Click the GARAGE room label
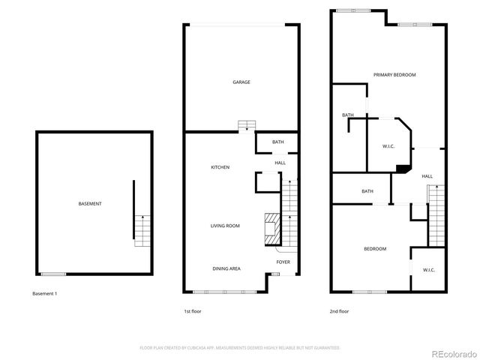[241, 82]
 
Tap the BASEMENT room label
[90, 204]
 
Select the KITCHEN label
[220, 167]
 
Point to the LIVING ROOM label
[224, 225]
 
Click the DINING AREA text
[226, 268]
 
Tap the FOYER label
[283, 262]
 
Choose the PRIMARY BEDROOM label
[394, 75]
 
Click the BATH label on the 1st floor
[277, 142]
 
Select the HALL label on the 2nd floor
[427, 176]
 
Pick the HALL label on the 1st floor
[280, 163]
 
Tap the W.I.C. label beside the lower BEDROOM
[428, 270]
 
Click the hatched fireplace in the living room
[271, 229]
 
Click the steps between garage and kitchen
[245, 125]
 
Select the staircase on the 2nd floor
[436, 217]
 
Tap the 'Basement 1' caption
[45, 293]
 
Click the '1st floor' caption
[193, 310]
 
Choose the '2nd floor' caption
[340, 310]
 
